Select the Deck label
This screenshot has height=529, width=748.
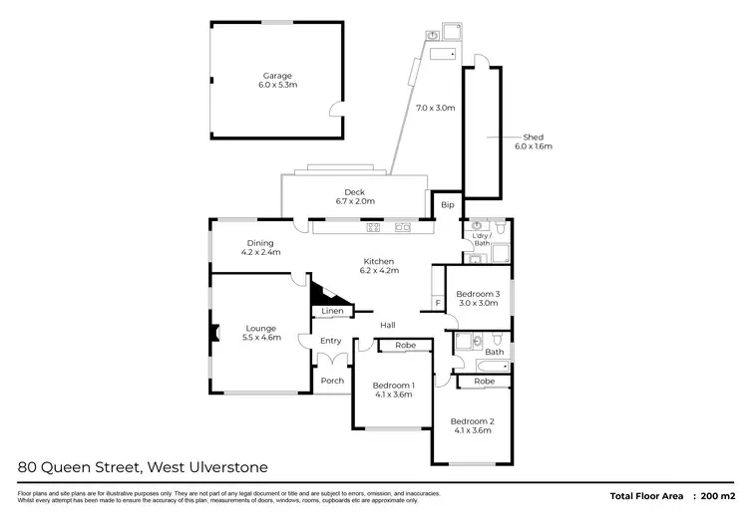pyautogui.click(x=354, y=192)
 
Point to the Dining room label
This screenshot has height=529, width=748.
pyautogui.click(x=260, y=243)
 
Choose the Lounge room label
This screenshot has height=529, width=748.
pyautogui.click(x=261, y=328)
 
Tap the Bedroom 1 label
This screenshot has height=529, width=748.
pyautogui.click(x=392, y=385)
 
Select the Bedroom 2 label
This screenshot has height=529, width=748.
pyautogui.click(x=471, y=420)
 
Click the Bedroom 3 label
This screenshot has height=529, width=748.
pyautogui.click(x=477, y=294)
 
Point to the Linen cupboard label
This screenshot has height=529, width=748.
pyautogui.click(x=332, y=312)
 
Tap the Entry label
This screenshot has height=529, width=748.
pyautogui.click(x=330, y=342)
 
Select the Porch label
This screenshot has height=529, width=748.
pyautogui.click(x=332, y=381)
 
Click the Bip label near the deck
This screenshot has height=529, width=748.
pyautogui.click(x=447, y=205)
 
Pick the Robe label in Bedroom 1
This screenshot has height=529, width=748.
pyautogui.click(x=405, y=345)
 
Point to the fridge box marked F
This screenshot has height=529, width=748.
pyautogui.click(x=437, y=302)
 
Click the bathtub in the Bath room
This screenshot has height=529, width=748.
pyautogui.click(x=481, y=367)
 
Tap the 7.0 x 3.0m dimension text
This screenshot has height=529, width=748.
pyautogui.click(x=435, y=108)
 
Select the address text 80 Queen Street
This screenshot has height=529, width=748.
pyautogui.click(x=81, y=466)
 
